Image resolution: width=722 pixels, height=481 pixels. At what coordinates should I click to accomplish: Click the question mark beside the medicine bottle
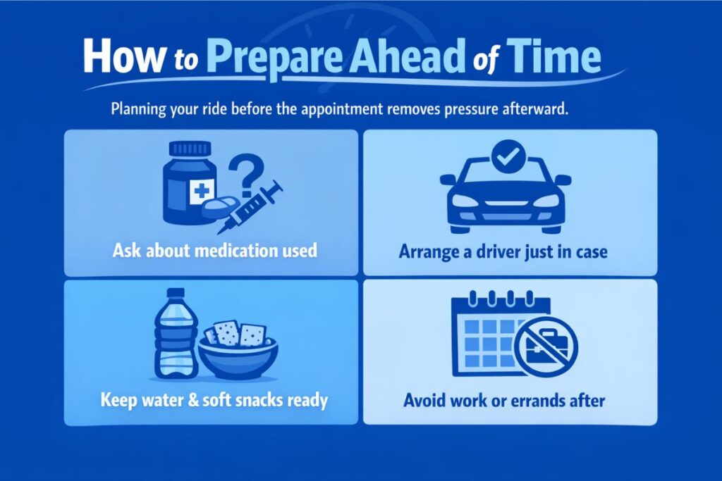click(248, 177)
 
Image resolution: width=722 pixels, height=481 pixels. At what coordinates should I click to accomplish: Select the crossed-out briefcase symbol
click(544, 346)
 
